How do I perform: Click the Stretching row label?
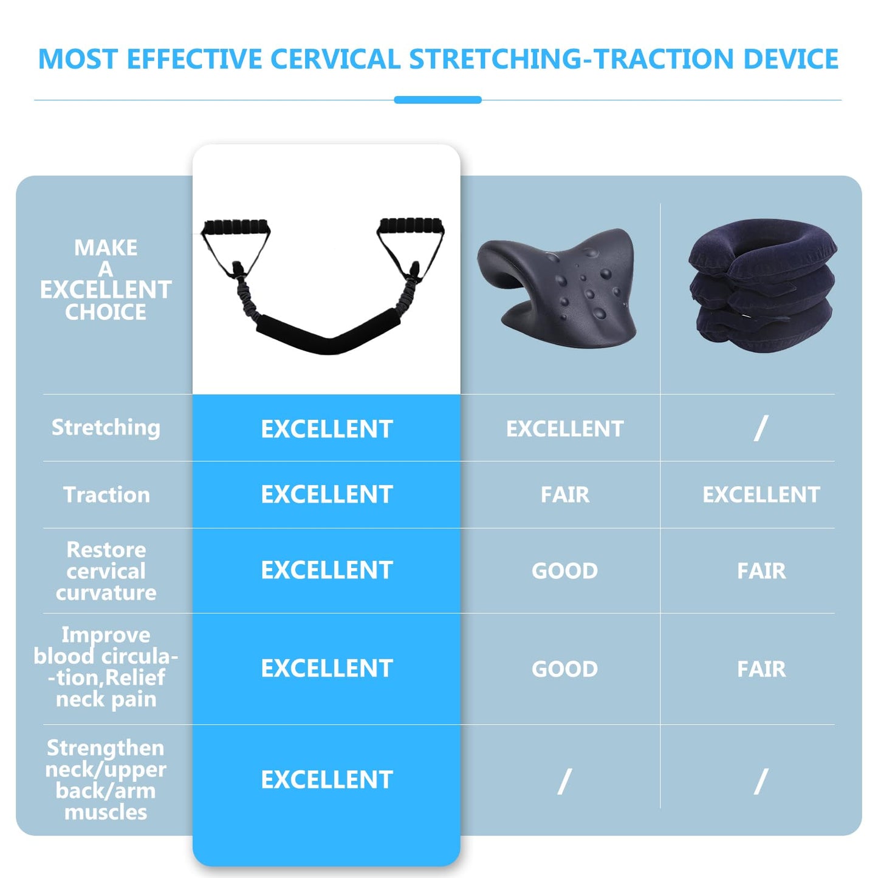click(x=106, y=427)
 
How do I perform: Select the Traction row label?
click(x=106, y=495)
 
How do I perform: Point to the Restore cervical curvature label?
click(x=106, y=571)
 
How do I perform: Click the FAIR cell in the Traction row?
click(x=564, y=495)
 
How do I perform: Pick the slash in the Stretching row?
click(x=761, y=428)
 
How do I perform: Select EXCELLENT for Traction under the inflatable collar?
click(x=761, y=495)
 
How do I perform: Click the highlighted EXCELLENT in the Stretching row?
click(x=326, y=429)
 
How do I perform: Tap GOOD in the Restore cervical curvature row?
click(x=564, y=571)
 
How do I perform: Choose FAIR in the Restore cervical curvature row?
click(x=761, y=571)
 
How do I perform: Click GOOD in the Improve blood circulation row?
click(x=564, y=669)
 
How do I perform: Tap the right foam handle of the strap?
click(x=411, y=226)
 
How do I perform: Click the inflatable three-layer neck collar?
click(x=762, y=286)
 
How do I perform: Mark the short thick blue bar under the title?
click(x=437, y=100)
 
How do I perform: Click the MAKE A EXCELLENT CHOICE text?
click(x=106, y=280)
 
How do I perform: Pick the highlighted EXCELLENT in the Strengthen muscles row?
click(x=326, y=780)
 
